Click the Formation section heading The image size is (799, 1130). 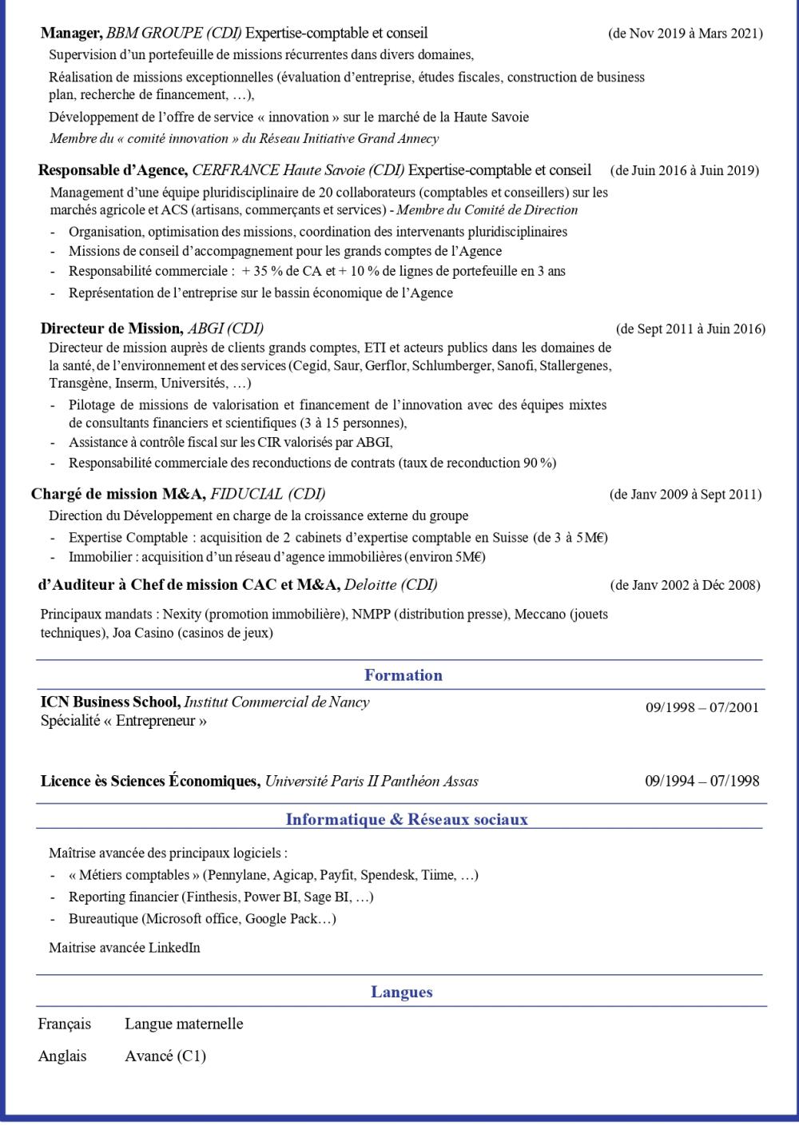(x=403, y=675)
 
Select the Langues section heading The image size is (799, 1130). (x=402, y=993)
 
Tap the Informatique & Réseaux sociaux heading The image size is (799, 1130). (x=407, y=820)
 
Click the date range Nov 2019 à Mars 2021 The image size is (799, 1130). (x=685, y=34)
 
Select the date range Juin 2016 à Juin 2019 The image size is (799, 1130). (x=684, y=170)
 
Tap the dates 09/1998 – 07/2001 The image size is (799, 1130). (x=702, y=707)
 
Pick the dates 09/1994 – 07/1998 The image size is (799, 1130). (x=702, y=781)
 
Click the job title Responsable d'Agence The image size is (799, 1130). (x=113, y=170)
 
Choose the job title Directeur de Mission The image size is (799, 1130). (x=111, y=328)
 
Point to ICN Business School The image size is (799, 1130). (x=109, y=702)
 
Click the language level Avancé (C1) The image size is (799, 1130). (x=165, y=1056)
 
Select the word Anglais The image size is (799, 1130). (x=62, y=1056)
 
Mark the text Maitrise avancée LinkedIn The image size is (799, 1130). (x=124, y=948)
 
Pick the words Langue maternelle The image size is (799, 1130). (x=184, y=1025)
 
